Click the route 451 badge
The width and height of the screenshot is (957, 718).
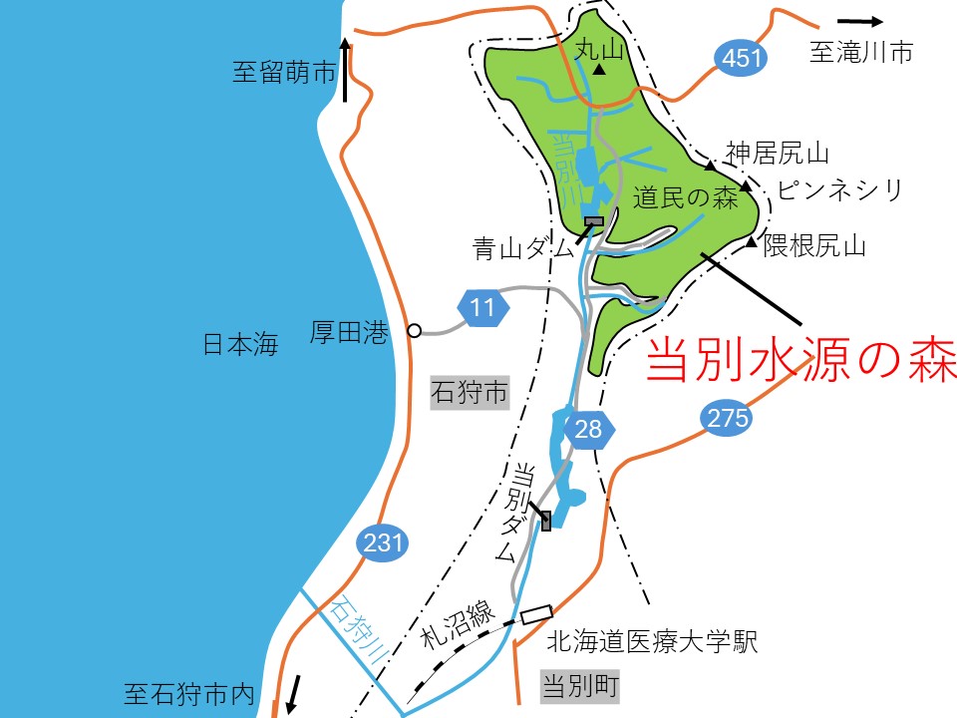[x=741, y=59]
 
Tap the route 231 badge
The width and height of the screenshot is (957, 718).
[x=383, y=543]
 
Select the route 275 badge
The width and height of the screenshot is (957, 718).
[x=725, y=419]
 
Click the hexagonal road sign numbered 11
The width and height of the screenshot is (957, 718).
[x=482, y=307]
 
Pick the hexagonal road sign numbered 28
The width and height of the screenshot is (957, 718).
[x=589, y=430]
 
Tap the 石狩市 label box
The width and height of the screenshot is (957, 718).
[x=469, y=393]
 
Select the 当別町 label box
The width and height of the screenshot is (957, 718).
[x=580, y=686]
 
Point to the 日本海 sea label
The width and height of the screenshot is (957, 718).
[x=239, y=345]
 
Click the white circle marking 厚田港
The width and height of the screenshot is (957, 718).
[x=414, y=331]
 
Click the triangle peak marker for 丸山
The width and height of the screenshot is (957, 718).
[x=599, y=71]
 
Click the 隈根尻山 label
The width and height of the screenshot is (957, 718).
[x=814, y=244]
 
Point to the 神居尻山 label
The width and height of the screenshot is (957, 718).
[x=778, y=153]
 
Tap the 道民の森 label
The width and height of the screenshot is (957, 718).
[x=685, y=198]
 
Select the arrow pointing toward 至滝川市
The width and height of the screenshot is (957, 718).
[x=860, y=21]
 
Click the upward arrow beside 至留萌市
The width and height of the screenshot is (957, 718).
[x=345, y=70]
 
